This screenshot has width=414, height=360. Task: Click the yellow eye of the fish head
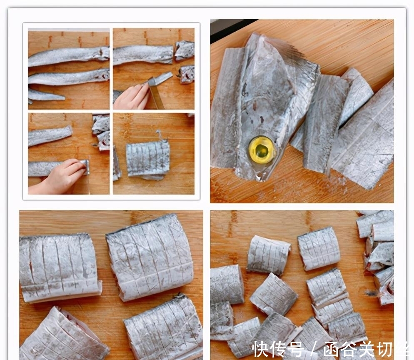(x=262, y=150)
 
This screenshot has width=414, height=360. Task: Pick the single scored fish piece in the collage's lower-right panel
(x=147, y=158)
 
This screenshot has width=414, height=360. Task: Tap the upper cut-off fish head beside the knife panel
(x=184, y=50)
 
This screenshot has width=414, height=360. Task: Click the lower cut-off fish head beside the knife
(x=187, y=74)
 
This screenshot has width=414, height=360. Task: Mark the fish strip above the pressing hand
(x=50, y=135)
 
